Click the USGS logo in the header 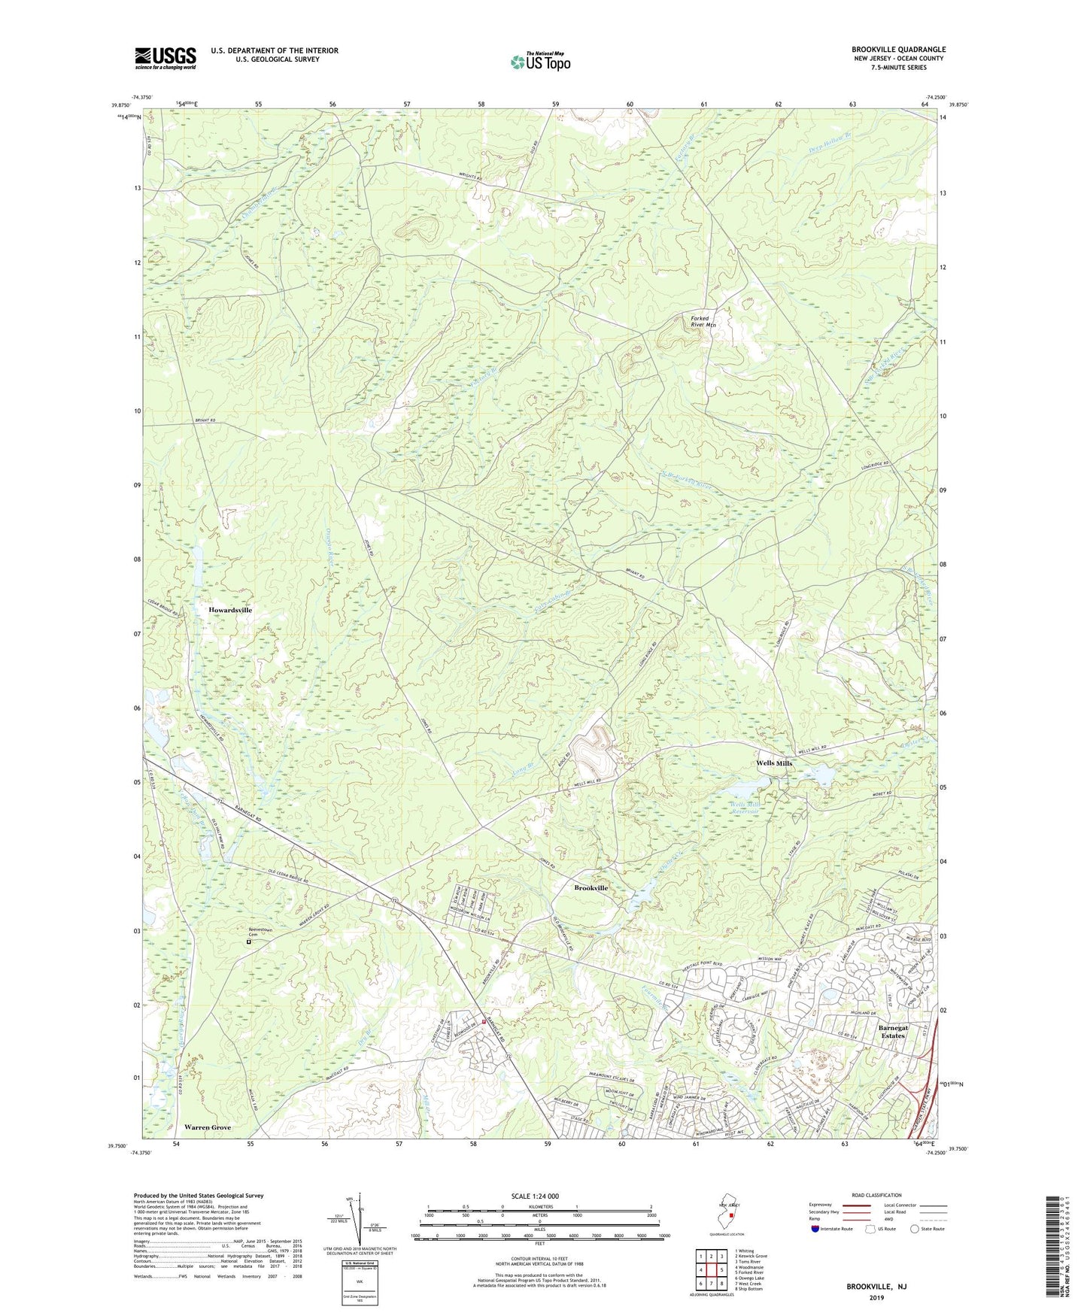tap(165, 57)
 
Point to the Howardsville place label tap(230, 610)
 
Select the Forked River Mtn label tap(703, 321)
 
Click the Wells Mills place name tap(774, 763)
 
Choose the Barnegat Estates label tap(897, 1030)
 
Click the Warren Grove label tap(208, 1128)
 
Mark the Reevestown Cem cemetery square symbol tap(249, 942)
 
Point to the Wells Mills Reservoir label tap(746, 808)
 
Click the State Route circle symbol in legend tap(914, 1229)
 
